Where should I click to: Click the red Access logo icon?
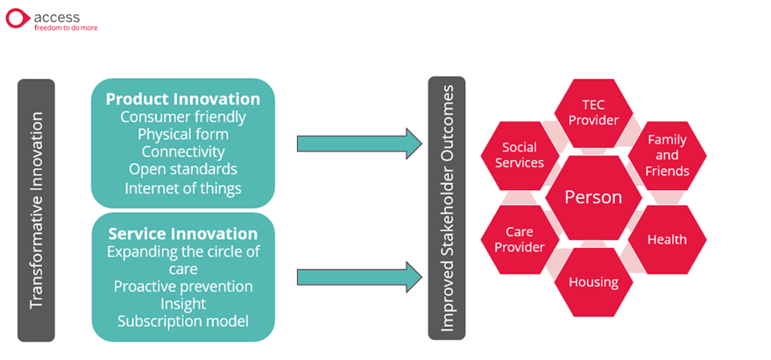tap(18, 18)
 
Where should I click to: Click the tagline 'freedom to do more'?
tap(66, 28)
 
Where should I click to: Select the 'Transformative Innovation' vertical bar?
tap(36, 210)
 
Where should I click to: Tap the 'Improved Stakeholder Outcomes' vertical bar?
tap(447, 208)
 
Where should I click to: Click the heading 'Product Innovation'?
tap(183, 99)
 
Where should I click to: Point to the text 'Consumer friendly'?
tap(183, 117)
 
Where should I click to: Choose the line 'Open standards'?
tap(183, 169)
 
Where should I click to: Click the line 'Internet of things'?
tap(183, 188)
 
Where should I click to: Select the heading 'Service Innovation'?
tap(183, 233)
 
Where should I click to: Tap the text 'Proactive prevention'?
tap(183, 286)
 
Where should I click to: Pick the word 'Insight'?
tap(183, 304)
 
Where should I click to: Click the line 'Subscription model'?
tap(183, 321)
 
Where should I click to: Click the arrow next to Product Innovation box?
tap(359, 144)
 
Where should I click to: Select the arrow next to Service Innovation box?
tap(359, 278)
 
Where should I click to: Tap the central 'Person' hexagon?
tap(593, 197)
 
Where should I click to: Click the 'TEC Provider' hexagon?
tap(593, 113)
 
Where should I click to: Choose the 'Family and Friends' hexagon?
tap(668, 155)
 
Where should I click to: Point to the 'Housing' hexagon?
tap(593, 282)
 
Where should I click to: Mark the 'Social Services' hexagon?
tap(520, 155)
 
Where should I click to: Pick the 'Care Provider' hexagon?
tap(520, 239)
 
